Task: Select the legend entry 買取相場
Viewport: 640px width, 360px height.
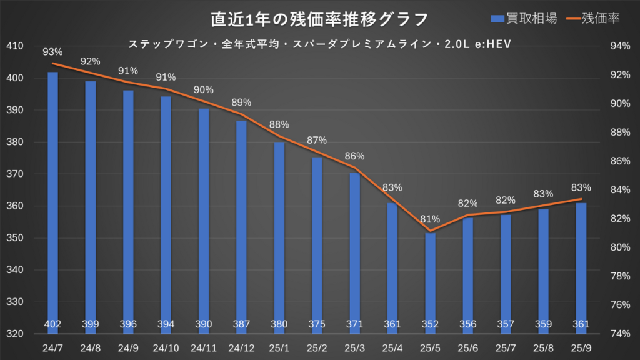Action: tap(523, 19)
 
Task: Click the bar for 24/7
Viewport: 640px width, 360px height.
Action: tap(53, 200)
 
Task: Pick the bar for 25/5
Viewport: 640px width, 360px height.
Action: tap(430, 281)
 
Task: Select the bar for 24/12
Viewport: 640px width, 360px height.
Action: tap(241, 225)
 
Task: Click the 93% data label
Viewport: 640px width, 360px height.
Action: tap(53, 52)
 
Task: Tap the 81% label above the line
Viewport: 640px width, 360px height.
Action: tap(430, 219)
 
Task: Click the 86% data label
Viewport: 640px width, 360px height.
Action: tap(354, 156)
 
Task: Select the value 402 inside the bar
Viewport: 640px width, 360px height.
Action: tap(53, 324)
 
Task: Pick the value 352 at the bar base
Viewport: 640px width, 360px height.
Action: tap(430, 324)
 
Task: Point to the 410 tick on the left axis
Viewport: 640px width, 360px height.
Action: tap(14, 46)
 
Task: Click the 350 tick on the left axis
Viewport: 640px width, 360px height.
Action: tap(14, 238)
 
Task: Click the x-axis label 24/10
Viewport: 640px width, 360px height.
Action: tap(166, 345)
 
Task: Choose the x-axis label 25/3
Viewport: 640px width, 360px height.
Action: tap(354, 345)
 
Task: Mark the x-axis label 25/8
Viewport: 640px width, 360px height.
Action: tap(543, 345)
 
